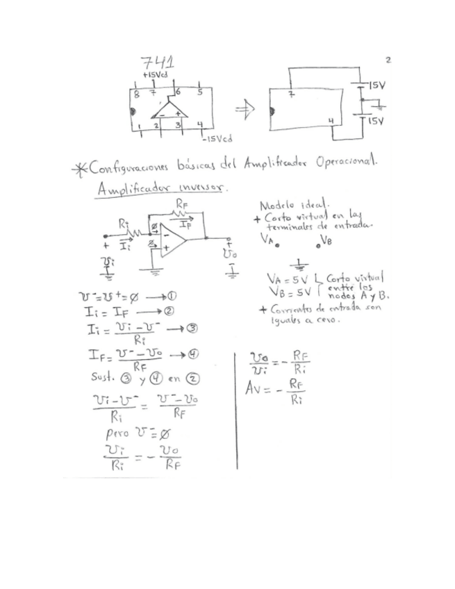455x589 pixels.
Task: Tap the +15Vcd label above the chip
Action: [x=154, y=74]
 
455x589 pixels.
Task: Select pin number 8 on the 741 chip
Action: [x=137, y=92]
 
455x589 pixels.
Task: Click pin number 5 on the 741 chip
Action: [x=201, y=92]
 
